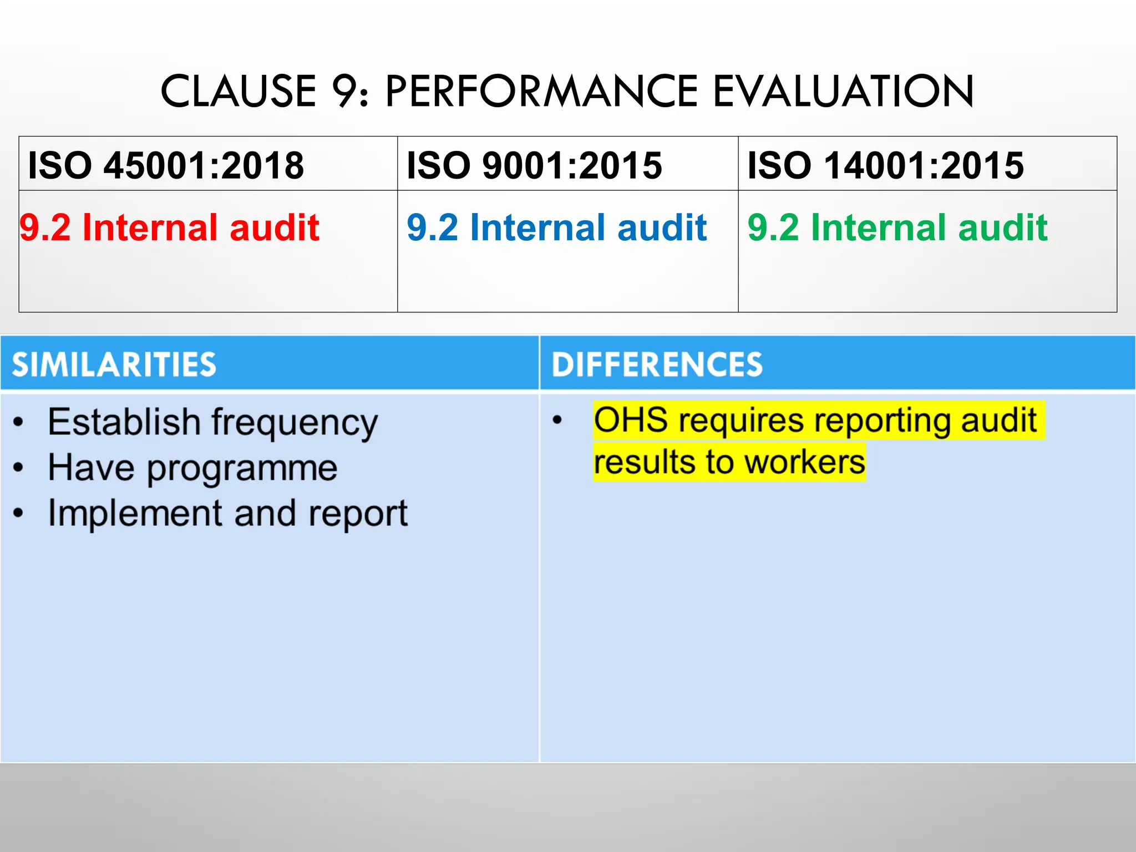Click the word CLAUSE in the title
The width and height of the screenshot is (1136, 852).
pos(238,92)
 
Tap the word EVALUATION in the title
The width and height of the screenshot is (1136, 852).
pos(843,92)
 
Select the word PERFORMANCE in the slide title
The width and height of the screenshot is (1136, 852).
pos(541,92)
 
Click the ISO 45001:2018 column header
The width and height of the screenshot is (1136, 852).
pos(166,165)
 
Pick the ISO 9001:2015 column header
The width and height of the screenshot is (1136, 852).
pos(534,165)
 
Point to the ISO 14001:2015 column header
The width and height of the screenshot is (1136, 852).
pos(885,165)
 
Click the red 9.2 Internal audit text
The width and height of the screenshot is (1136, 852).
pos(170,227)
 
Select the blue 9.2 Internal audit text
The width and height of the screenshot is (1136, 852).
pos(556,227)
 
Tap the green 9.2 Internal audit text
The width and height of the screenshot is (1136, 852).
pos(897,227)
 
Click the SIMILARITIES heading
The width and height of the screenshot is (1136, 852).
pos(114,364)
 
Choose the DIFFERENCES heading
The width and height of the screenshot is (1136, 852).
pos(657,364)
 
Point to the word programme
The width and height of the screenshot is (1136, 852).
pos(242,469)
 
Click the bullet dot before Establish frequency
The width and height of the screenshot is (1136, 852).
pos(19,423)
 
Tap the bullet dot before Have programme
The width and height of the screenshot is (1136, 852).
pos(19,468)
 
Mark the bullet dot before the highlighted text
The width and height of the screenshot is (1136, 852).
pos(557,420)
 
